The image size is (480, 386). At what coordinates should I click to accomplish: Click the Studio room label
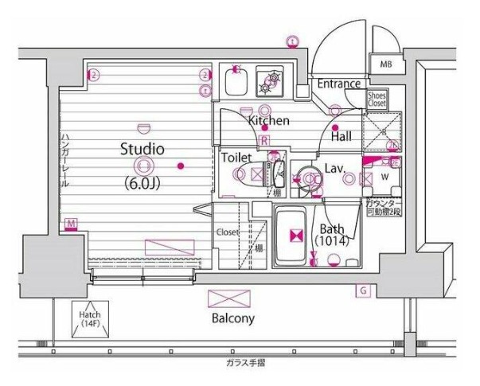coord(142,148)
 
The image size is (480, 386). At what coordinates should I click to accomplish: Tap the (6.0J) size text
coord(143,182)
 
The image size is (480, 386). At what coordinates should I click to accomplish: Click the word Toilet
coord(238,158)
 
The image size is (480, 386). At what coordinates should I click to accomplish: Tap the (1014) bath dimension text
coord(332,239)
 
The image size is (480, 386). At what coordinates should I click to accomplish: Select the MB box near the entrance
coord(385,64)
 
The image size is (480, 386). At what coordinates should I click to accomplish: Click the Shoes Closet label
coord(377,99)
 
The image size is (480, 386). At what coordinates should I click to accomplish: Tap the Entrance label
coord(340,84)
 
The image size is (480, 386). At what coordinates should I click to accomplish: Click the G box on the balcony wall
coord(362,290)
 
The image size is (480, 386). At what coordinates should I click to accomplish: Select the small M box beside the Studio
coord(72,224)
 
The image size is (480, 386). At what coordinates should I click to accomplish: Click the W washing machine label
coord(384,177)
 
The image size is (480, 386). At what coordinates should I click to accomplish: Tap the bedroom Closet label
coord(227,233)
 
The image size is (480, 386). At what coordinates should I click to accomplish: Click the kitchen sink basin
coord(236,80)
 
